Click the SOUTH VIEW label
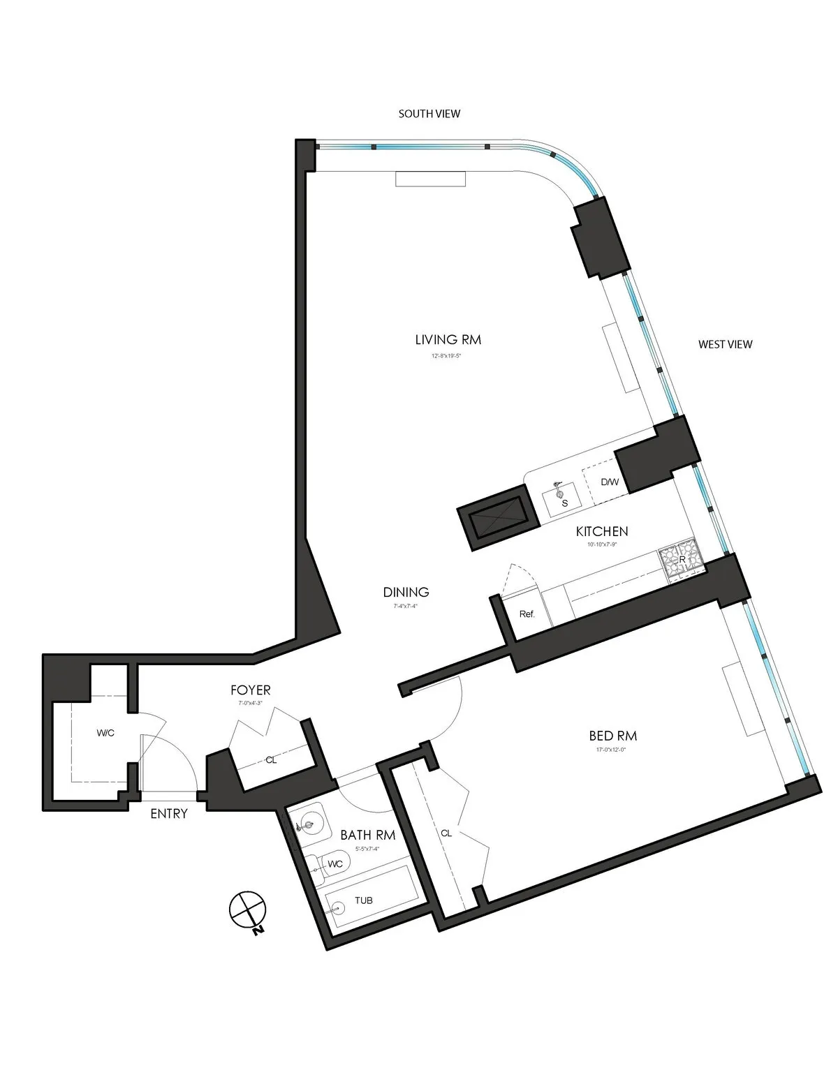pyautogui.click(x=429, y=114)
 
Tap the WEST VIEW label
pyautogui.click(x=726, y=344)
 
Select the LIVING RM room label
pyautogui.click(x=448, y=340)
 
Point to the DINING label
pyautogui.click(x=406, y=592)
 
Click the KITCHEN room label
pyautogui.click(x=601, y=532)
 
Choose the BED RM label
pyautogui.click(x=612, y=736)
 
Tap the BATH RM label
pyautogui.click(x=368, y=835)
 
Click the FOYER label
pyautogui.click(x=251, y=690)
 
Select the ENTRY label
pyautogui.click(x=169, y=813)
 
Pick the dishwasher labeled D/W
pyautogui.click(x=609, y=482)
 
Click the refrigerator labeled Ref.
pyautogui.click(x=527, y=614)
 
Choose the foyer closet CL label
pyautogui.click(x=271, y=760)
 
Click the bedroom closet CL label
pyautogui.click(x=447, y=833)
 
